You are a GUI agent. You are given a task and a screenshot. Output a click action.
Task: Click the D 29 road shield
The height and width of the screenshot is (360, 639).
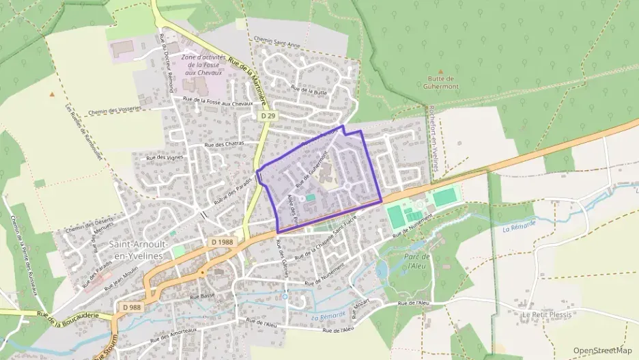268,116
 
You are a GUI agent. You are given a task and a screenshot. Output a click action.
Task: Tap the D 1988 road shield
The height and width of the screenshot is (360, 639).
223,242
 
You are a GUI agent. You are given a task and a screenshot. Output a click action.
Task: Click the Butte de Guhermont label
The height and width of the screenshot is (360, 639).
440,83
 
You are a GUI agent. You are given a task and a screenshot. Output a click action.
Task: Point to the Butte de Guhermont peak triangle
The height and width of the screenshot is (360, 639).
440,70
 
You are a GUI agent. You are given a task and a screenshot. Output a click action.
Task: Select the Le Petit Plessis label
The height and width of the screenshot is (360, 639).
545,314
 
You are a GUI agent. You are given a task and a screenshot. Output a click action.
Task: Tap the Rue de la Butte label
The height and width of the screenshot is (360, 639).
309,89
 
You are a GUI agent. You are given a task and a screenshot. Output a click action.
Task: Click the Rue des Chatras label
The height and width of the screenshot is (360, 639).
224,145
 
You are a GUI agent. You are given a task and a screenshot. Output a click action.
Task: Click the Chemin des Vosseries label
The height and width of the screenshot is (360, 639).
114,110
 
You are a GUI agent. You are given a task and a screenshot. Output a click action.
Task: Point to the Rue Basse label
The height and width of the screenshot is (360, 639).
203,296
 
